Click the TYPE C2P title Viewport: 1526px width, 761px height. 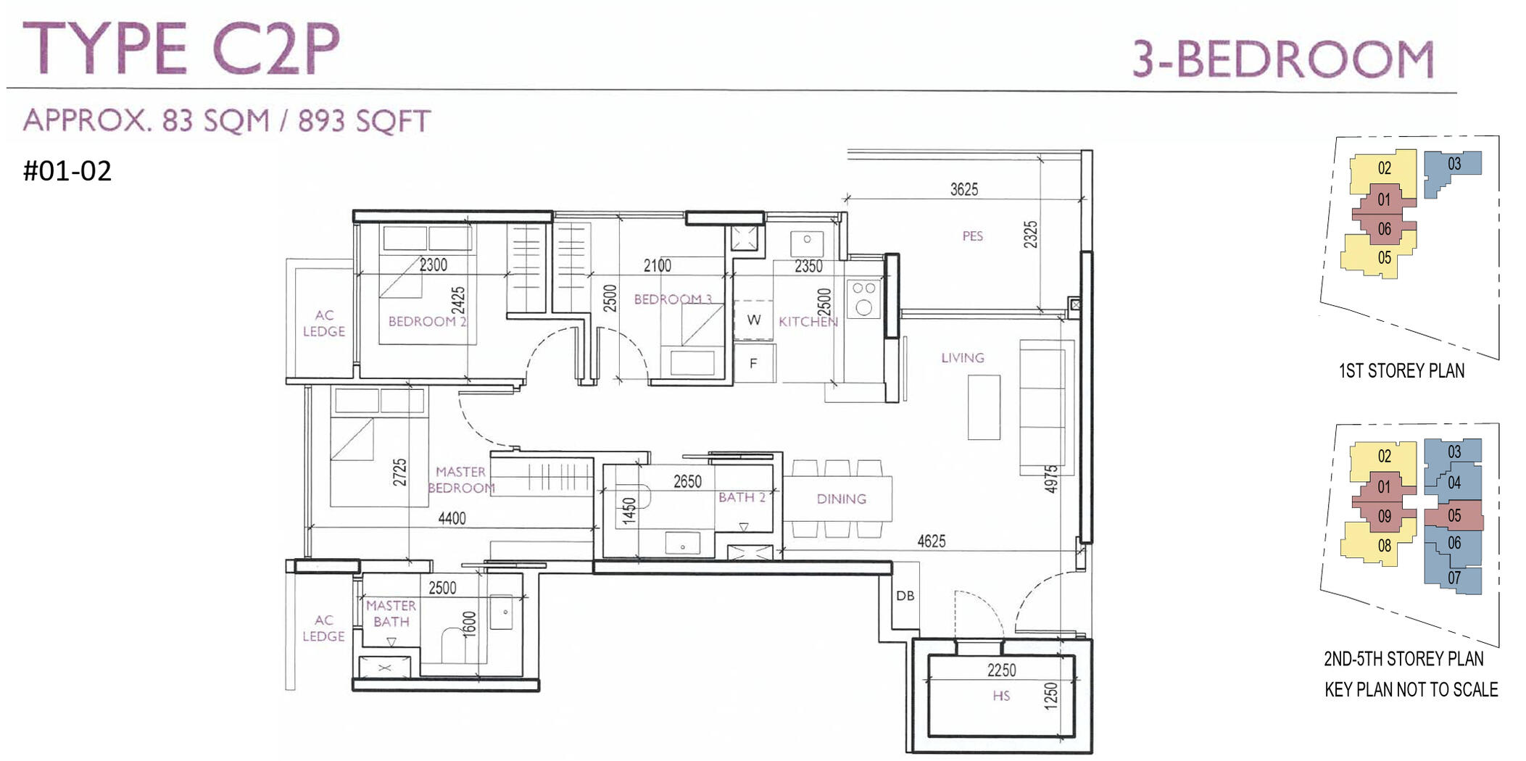181,49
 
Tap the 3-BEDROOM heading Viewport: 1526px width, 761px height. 1284,59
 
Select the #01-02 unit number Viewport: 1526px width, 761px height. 67,171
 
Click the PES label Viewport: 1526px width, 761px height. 972,236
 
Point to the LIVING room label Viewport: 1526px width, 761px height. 963,357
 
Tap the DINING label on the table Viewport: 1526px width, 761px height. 841,499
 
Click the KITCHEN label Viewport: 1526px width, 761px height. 808,321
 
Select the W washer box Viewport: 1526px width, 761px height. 754,320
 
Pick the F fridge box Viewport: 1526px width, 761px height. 754,363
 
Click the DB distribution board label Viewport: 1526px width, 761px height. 905,596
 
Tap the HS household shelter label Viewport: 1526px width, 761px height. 1001,696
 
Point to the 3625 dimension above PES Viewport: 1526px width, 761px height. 964,189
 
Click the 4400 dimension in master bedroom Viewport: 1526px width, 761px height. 452,518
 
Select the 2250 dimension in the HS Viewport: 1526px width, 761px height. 1002,670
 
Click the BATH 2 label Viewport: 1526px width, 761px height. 742,497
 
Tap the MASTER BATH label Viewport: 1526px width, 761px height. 391,613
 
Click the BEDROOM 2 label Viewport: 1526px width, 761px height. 427,321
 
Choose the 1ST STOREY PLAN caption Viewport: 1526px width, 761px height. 1401,371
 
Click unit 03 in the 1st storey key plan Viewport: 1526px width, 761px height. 1454,165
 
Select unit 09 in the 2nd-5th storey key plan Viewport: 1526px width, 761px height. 1385,516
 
